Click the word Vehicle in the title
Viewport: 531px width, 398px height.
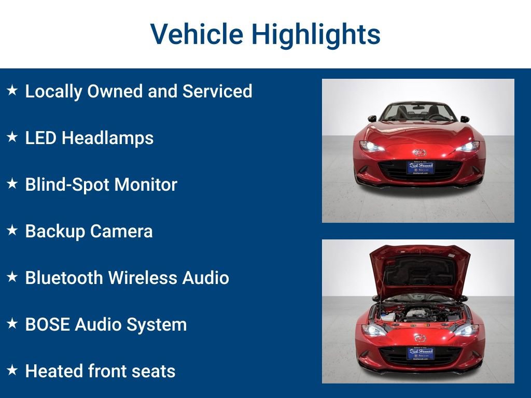[197, 34]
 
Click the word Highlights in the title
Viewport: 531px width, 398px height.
[316, 34]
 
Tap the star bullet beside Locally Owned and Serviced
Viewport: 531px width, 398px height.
[12, 91]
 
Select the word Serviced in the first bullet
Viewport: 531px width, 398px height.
[217, 91]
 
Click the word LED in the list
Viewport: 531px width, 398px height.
[40, 138]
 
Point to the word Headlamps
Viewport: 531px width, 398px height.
[108, 138]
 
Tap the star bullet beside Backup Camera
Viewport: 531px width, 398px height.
[12, 231]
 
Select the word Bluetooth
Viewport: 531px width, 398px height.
[64, 278]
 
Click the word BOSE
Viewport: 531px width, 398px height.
[48, 324]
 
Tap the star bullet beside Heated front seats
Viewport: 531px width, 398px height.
[12, 371]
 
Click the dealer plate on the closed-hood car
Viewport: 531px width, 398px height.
[420, 167]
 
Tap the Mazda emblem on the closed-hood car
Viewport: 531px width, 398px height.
[418, 152]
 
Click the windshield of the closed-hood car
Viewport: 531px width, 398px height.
[418, 111]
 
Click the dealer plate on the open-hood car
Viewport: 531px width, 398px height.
[420, 353]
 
